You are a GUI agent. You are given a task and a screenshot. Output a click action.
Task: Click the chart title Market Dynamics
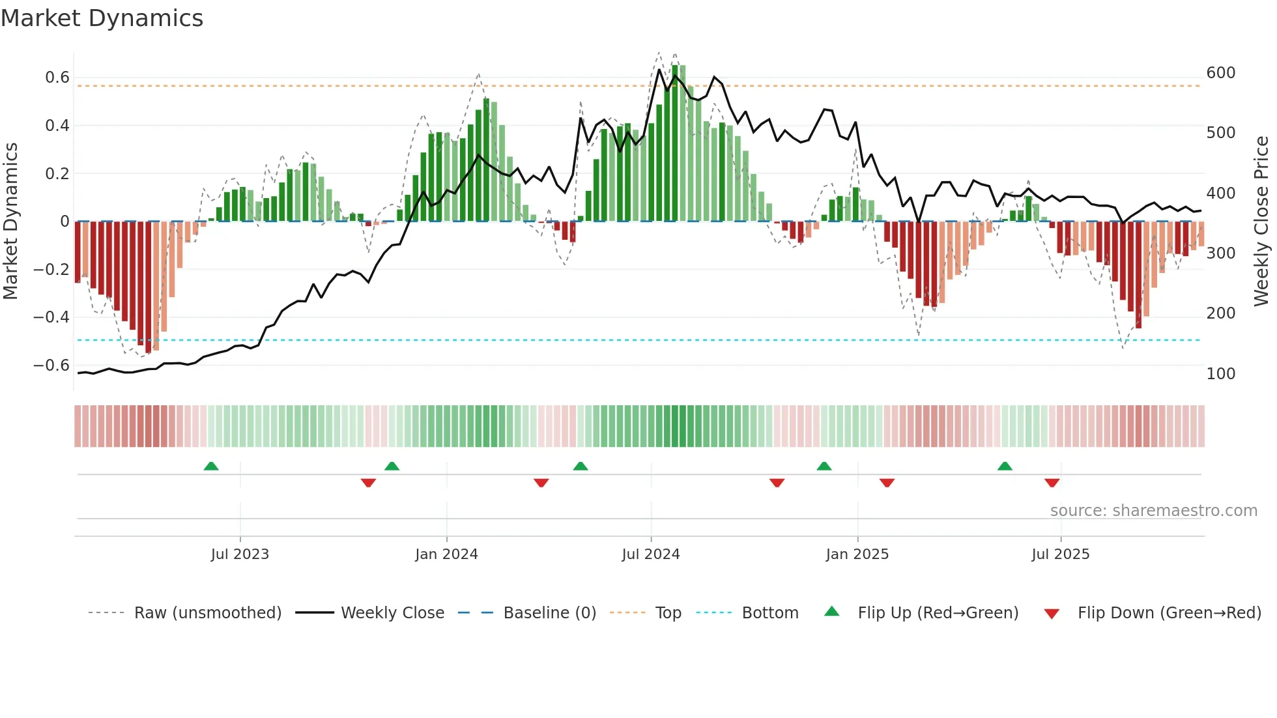[x=102, y=18]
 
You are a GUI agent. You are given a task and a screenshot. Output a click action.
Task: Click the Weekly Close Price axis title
[x=1261, y=221]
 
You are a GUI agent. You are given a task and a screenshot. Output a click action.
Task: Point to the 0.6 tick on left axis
[x=57, y=78]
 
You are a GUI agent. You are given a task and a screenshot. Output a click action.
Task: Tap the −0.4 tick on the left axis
[x=51, y=317]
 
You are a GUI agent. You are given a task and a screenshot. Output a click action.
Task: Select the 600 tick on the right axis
[x=1220, y=73]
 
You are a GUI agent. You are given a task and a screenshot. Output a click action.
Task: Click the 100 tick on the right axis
[x=1220, y=374]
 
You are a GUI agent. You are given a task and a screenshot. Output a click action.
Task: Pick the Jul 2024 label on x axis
[x=650, y=554]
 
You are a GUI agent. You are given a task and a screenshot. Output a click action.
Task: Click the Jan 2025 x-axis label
[x=857, y=554]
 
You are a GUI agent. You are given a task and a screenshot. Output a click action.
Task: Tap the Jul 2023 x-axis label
[x=240, y=554]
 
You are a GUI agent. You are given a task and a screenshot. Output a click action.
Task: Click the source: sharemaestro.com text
[x=1153, y=511]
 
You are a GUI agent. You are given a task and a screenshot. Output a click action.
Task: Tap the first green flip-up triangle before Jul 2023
[x=211, y=466]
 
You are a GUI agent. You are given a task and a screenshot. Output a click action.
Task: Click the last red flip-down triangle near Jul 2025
[x=1052, y=483]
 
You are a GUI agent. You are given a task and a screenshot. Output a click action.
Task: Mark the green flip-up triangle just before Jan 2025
[x=824, y=466]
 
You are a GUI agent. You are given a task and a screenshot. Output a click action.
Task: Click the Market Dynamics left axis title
[x=10, y=221]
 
